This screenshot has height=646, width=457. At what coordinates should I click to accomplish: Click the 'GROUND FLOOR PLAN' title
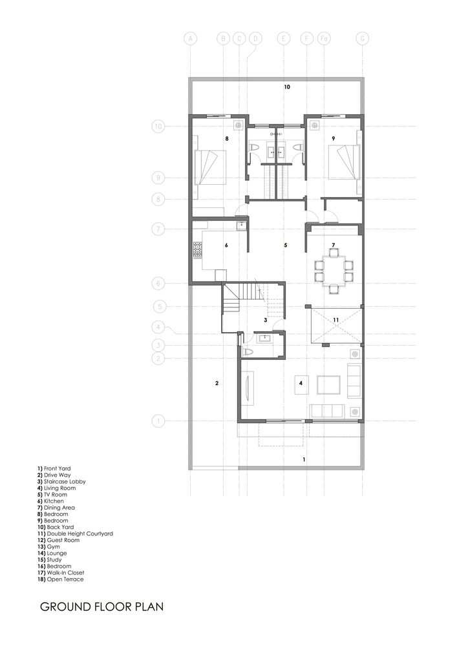[x=101, y=607]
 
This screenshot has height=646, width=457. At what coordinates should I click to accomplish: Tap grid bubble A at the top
[x=191, y=39]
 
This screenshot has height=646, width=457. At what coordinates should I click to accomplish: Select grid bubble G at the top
[x=362, y=39]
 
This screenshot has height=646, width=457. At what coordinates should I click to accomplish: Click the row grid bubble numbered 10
[x=158, y=127]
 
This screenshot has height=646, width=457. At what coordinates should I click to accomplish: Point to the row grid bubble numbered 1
[x=158, y=421]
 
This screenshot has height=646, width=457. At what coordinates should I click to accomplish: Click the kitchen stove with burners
[x=197, y=249]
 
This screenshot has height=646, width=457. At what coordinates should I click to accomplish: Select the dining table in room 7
[x=334, y=270]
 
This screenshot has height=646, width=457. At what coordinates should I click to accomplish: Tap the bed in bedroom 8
[x=209, y=167]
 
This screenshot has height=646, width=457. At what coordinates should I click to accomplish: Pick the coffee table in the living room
[x=328, y=385]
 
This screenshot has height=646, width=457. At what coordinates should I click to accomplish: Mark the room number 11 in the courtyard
[x=336, y=320]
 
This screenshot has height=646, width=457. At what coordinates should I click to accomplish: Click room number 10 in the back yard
[x=287, y=87]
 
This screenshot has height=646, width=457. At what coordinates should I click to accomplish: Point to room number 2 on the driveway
[x=217, y=383]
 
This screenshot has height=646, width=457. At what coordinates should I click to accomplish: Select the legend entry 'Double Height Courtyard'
[x=75, y=534]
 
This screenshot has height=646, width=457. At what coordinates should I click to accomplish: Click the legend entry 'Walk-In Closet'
[x=61, y=572]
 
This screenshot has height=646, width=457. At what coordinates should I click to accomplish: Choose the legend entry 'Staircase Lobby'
[x=61, y=481]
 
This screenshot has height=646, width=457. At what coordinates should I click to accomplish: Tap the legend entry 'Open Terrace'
[x=60, y=579]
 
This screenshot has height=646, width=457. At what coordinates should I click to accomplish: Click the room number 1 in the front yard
[x=304, y=459]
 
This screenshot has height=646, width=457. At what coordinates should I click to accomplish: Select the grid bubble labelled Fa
[x=324, y=39]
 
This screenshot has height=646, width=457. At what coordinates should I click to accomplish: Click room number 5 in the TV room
[x=286, y=245]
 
